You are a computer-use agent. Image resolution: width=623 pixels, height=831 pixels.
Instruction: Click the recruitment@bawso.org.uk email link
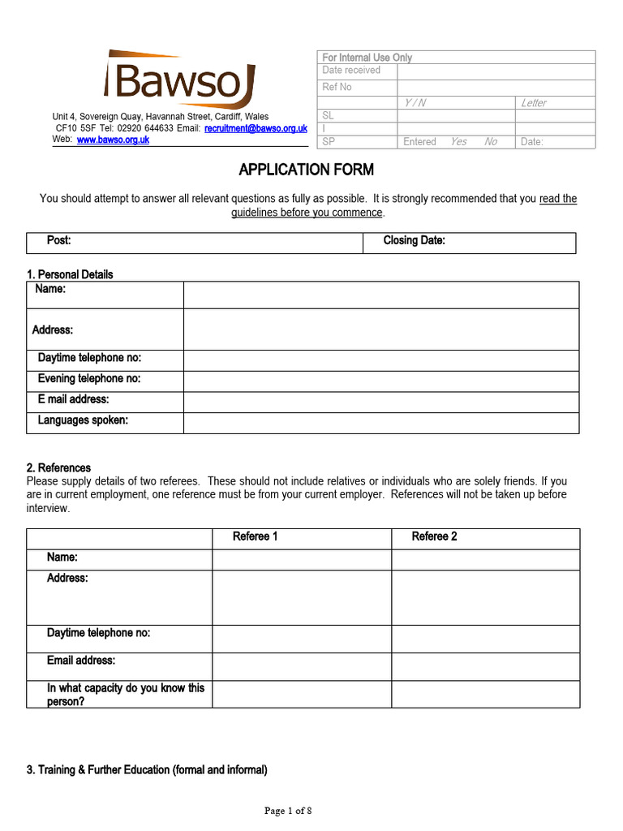pyautogui.click(x=256, y=128)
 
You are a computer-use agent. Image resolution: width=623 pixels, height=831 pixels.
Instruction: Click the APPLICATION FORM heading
pyautogui.click(x=306, y=170)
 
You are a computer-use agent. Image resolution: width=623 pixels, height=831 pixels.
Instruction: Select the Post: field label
pyautogui.click(x=59, y=241)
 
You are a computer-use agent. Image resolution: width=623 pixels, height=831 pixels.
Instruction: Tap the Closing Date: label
pyautogui.click(x=414, y=241)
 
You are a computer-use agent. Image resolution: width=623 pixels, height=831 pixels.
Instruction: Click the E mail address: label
pyautogui.click(x=73, y=399)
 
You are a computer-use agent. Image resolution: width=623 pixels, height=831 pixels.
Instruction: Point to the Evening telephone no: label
pyautogui.click(x=89, y=378)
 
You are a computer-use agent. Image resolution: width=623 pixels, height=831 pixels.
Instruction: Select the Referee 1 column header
pyautogui.click(x=256, y=536)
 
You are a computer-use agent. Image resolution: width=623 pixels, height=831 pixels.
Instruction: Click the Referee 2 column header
pyautogui.click(x=434, y=536)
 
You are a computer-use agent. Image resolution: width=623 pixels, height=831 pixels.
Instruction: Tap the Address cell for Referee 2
pyautogui.click(x=485, y=597)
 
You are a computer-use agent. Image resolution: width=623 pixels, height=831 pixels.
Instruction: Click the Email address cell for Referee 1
pyautogui.click(x=302, y=666)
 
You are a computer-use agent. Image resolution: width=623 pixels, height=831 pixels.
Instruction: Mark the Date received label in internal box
pyautogui.click(x=351, y=71)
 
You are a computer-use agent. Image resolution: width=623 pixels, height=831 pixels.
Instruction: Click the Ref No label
pyautogui.click(x=337, y=87)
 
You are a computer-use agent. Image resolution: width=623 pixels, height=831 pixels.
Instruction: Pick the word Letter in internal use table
pyautogui.click(x=534, y=103)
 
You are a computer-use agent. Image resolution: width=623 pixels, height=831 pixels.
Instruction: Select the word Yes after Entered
pyautogui.click(x=458, y=142)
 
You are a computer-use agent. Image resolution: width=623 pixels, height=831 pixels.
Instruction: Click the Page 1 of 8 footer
pyautogui.click(x=288, y=810)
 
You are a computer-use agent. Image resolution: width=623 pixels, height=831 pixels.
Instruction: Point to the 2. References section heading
pyautogui.click(x=58, y=468)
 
